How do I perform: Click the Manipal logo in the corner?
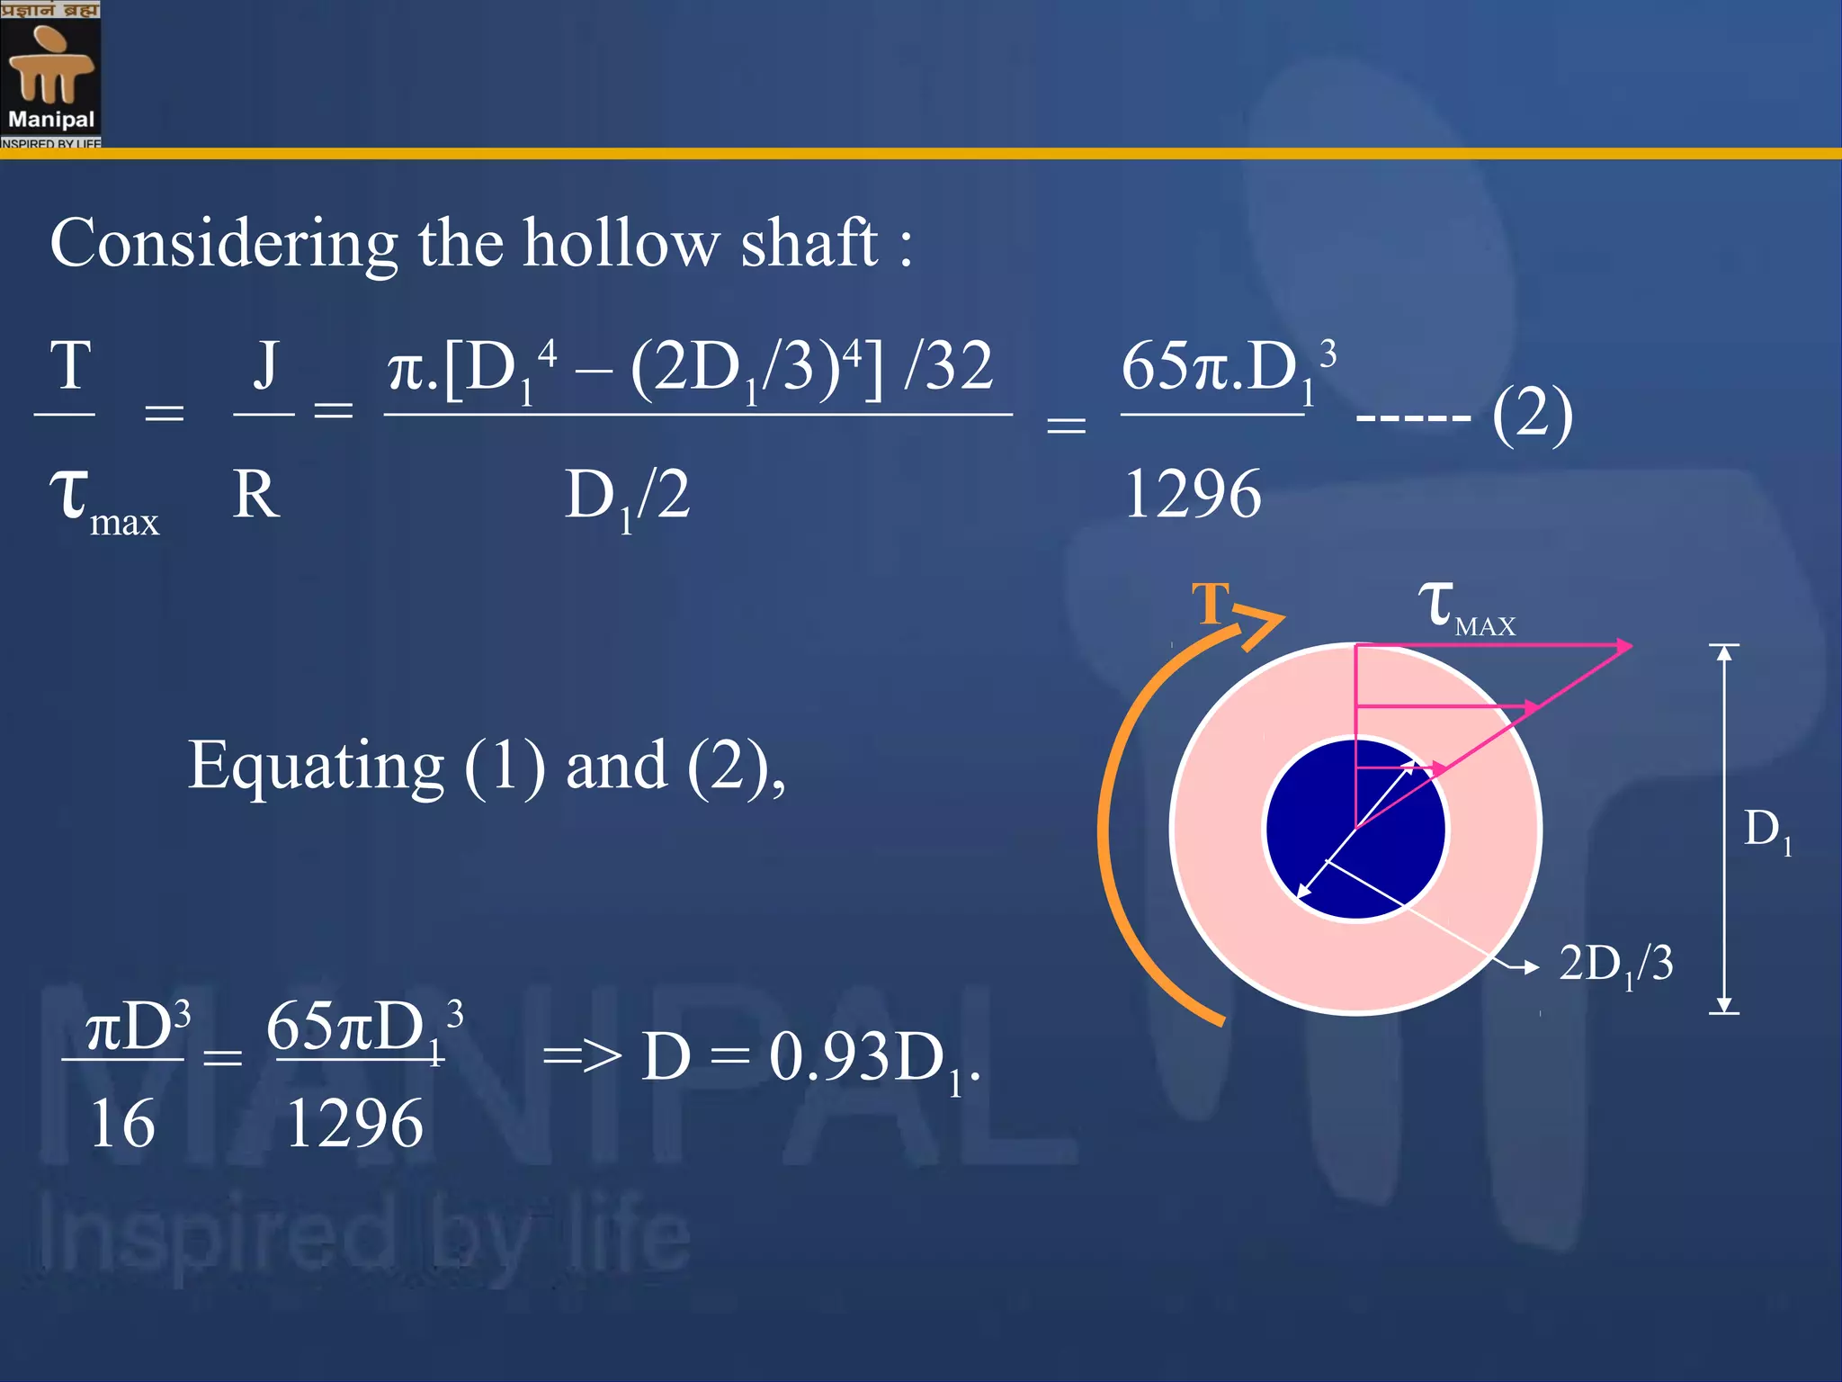pos(50,74)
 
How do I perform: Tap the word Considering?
pos(224,245)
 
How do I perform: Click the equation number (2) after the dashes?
pos(1532,416)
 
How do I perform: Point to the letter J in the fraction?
pos(264,366)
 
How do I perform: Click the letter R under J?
pos(256,495)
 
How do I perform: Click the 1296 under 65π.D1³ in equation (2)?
pos(1193,495)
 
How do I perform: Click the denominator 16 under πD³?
pos(122,1124)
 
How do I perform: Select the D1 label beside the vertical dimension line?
pos(1766,830)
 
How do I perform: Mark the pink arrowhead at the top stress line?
pos(1623,646)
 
